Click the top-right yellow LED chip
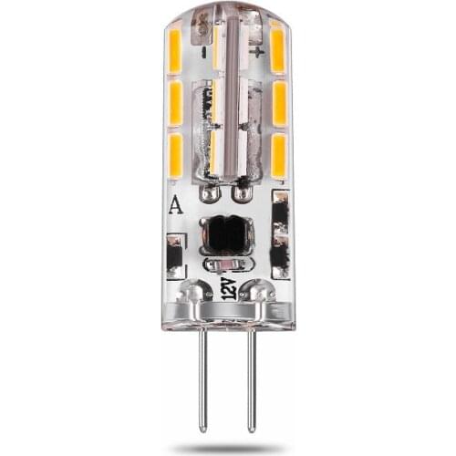click(x=278, y=46)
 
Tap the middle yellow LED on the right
click(x=279, y=103)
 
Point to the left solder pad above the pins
click(x=194, y=294)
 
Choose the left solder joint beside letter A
click(x=210, y=193)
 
